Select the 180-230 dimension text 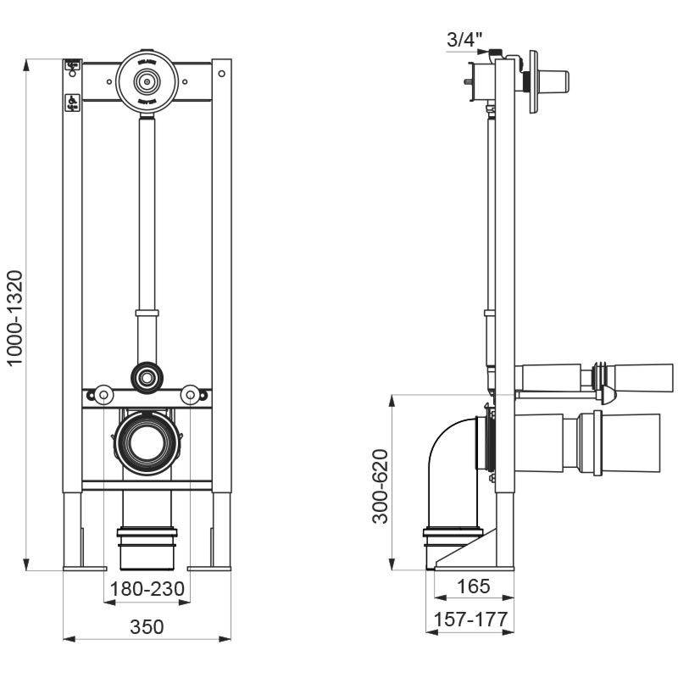click(146, 587)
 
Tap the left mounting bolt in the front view click(103, 394)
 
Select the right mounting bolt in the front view click(191, 394)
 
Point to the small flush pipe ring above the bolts click(146, 374)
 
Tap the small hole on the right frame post click(221, 74)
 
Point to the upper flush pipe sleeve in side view click(593, 377)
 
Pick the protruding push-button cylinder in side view click(551, 81)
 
